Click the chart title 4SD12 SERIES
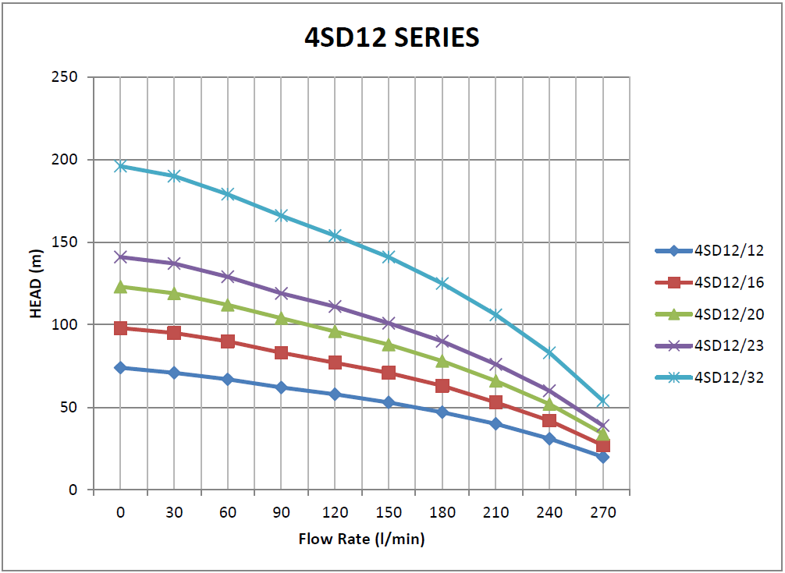tap(392, 37)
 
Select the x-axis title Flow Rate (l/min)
tap(361, 539)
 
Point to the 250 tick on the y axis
tap(67, 77)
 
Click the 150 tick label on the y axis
tap(67, 242)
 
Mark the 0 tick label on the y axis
tap(73, 490)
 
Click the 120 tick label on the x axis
tap(335, 512)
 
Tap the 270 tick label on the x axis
tap(603, 512)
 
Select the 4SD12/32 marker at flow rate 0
tap(120, 166)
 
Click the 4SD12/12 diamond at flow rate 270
tap(603, 457)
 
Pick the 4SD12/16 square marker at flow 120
tap(335, 363)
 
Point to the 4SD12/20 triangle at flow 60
tap(228, 305)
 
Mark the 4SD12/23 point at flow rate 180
tap(442, 341)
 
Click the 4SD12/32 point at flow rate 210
tap(496, 315)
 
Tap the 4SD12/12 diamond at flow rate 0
tap(120, 367)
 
